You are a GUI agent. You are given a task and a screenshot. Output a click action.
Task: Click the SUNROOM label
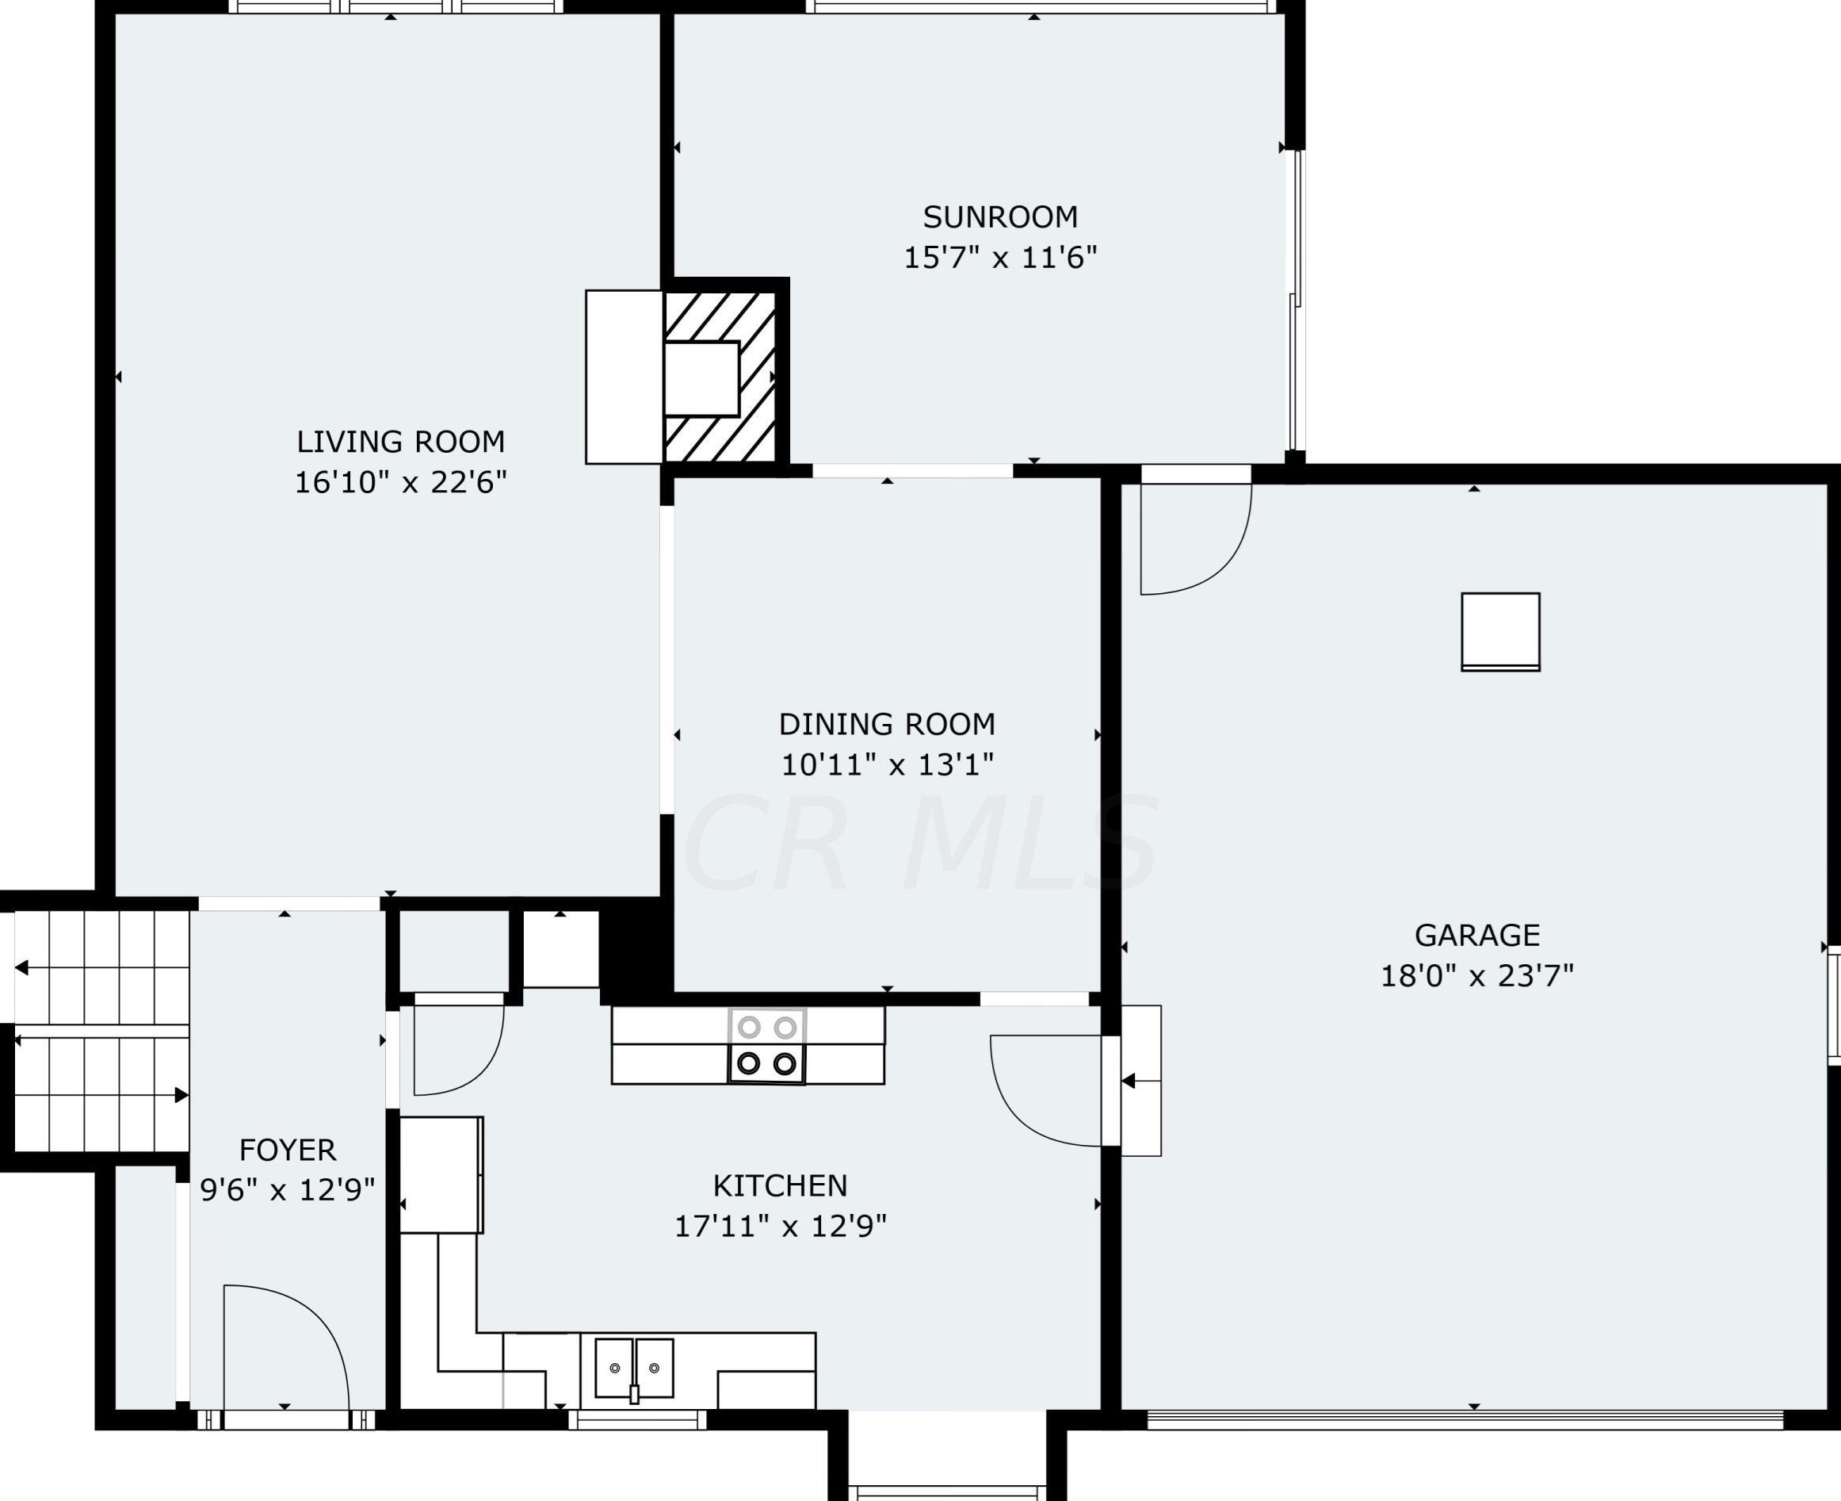click(1000, 217)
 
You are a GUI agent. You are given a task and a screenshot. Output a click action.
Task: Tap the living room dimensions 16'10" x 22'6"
click(400, 482)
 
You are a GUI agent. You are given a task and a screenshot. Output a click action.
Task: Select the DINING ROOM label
click(887, 724)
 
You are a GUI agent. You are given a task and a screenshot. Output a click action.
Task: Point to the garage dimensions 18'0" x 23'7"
click(1476, 976)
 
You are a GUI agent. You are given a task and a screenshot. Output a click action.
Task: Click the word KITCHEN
click(780, 1185)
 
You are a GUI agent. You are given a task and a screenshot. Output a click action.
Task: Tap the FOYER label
click(287, 1150)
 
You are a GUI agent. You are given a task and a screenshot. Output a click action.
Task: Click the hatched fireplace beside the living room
click(719, 379)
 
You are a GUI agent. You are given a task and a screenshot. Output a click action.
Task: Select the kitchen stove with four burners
click(766, 1046)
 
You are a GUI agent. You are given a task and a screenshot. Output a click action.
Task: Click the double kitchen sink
click(635, 1368)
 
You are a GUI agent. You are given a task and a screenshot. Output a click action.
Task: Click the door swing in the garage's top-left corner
click(1197, 541)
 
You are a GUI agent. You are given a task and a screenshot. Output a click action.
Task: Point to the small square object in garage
click(1500, 632)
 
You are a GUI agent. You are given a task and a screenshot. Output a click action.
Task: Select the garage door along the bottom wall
click(1465, 1419)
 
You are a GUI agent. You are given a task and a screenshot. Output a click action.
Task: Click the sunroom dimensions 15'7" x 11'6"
click(1000, 258)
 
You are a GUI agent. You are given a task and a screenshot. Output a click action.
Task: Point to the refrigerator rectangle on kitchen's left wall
click(441, 1174)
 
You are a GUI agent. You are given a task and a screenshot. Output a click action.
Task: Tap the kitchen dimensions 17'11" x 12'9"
click(780, 1226)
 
